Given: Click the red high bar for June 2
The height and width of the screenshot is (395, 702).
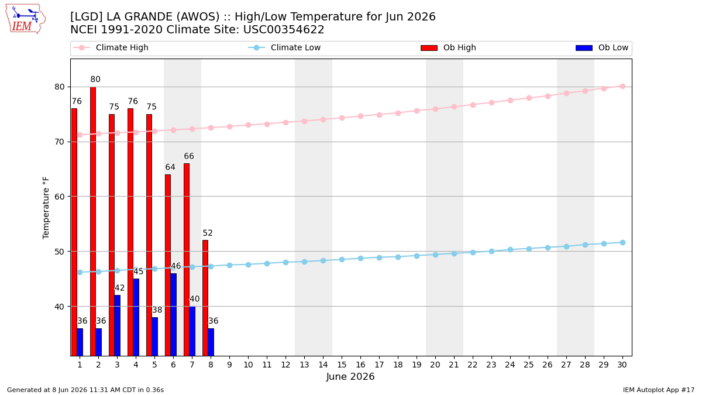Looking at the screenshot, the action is point(93,221).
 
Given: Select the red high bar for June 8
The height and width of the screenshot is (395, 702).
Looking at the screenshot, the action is point(205,298).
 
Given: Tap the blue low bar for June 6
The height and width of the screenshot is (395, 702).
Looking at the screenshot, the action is point(173,314).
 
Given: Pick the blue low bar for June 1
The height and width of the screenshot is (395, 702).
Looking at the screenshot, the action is point(80,342).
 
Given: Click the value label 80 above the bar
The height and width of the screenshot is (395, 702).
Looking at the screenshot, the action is point(95,80).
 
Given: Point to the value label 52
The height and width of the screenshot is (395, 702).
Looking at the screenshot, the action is point(208,233).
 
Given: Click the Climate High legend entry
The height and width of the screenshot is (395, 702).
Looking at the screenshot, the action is point(111,47).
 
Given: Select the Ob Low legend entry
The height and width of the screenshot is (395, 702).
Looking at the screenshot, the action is point(602,47).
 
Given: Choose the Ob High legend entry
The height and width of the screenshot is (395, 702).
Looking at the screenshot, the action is point(448,47).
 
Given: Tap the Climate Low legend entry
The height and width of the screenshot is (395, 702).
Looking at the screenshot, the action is point(284,47).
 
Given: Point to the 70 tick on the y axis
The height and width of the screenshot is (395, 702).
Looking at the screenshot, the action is point(60,142).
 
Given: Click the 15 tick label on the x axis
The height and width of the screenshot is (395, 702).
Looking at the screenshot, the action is point(342,365).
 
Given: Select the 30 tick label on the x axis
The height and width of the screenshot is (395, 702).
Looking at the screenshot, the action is point(622,365).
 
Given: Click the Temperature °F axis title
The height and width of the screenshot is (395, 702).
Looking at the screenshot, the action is point(46,208).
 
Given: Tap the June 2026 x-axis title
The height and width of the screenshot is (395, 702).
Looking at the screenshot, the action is point(350,376).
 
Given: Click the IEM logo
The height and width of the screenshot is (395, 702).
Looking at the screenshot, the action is point(26,19).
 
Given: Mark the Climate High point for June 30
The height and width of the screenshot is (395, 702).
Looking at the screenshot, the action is point(622,87).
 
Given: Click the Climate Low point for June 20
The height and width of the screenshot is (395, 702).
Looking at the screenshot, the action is point(435,255).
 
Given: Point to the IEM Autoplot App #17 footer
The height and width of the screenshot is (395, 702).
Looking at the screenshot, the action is point(659,390).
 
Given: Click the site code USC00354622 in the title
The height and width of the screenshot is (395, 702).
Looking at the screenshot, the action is point(284,30).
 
